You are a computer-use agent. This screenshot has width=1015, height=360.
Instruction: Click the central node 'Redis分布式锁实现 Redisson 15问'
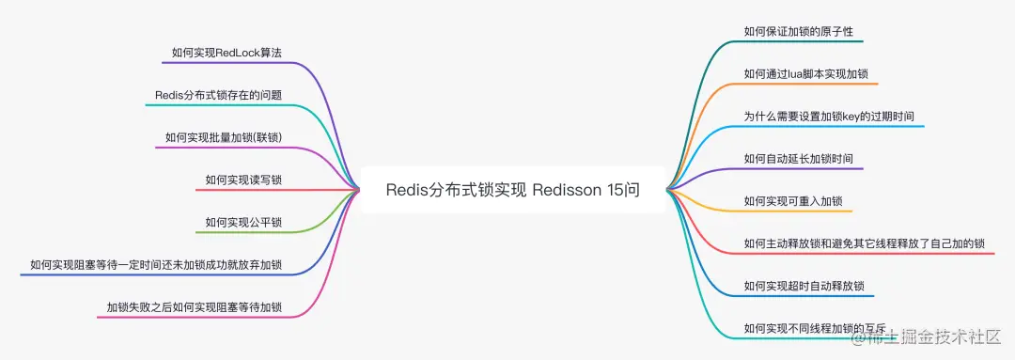tap(512, 190)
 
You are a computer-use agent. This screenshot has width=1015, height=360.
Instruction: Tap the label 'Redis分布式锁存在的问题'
tap(219, 95)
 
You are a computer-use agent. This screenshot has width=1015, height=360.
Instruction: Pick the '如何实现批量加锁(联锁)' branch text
tap(224, 137)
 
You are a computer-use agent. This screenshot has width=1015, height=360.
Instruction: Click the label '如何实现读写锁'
tap(243, 180)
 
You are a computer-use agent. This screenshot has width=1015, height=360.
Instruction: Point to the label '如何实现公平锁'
tap(243, 223)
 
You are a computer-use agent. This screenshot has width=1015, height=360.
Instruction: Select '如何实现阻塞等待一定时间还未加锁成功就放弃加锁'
tap(156, 265)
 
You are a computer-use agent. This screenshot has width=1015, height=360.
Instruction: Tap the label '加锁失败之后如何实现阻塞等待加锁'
tap(195, 307)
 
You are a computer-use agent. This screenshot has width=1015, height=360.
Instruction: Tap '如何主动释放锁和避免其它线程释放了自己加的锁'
tap(864, 243)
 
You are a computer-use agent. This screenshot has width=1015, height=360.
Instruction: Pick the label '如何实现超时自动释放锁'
tap(804, 286)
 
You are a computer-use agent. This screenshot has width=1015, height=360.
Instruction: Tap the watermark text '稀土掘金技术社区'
tap(939, 336)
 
